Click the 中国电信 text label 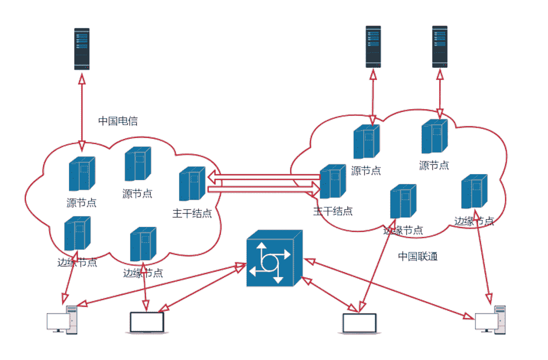pyautogui.click(x=118, y=121)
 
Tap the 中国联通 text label pyautogui.click(x=417, y=256)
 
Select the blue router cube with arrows pyautogui.click(x=274, y=259)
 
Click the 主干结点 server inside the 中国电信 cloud pyautogui.click(x=192, y=184)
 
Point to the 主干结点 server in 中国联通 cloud pyautogui.click(x=333, y=181)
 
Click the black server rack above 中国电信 pyautogui.click(x=82, y=49)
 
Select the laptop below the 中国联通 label pyautogui.click(x=359, y=324)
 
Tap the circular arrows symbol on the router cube pyautogui.click(x=269, y=262)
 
